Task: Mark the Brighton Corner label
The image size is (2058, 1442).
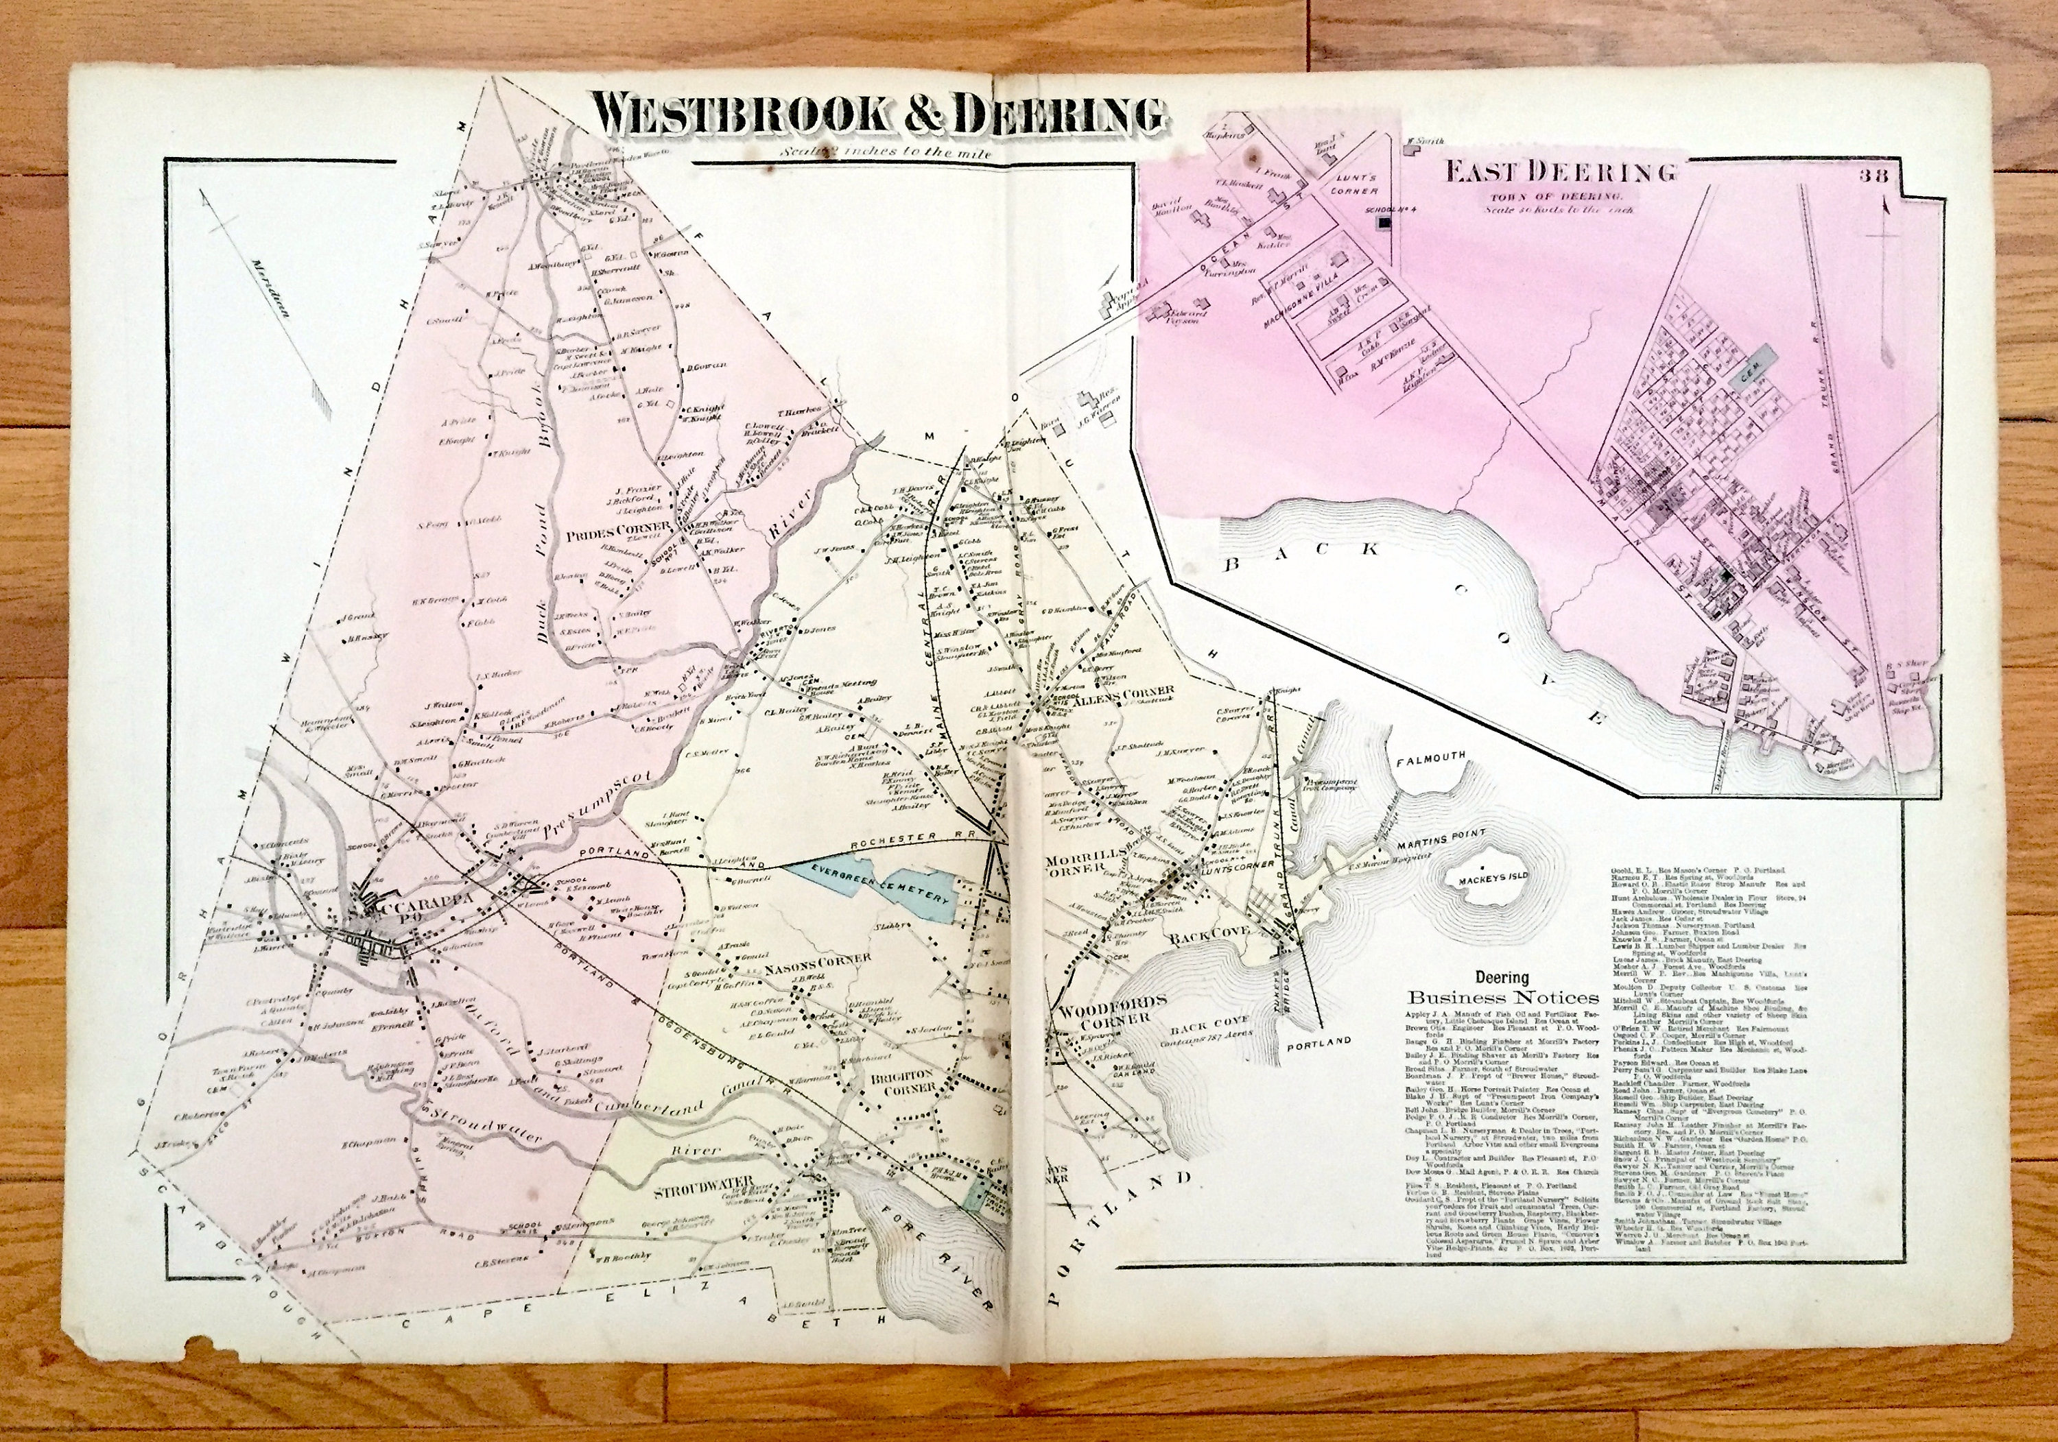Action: click(901, 1079)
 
